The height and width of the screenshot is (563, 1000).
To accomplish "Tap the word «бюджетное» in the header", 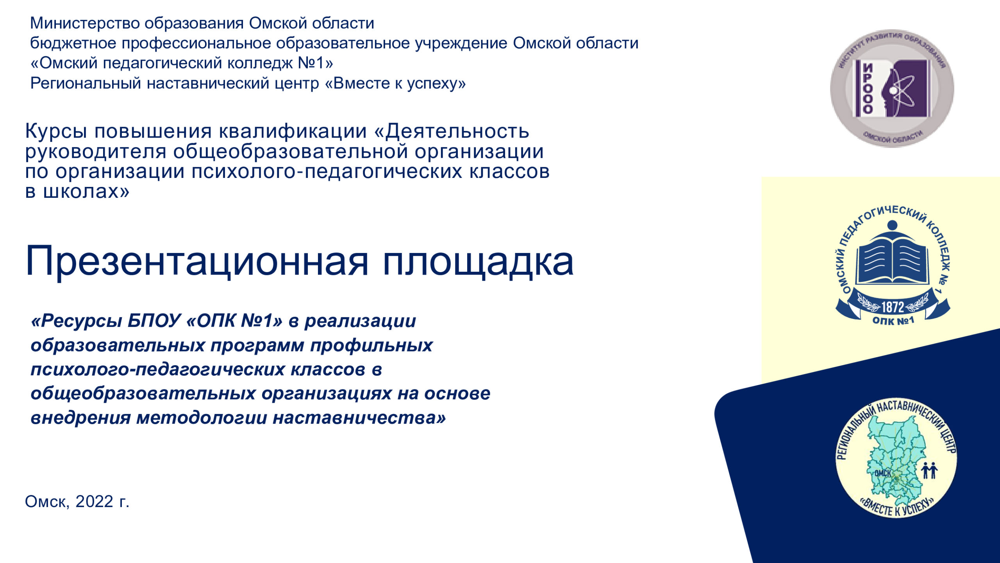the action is (x=73, y=43).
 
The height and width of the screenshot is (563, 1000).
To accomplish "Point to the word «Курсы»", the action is (x=56, y=132).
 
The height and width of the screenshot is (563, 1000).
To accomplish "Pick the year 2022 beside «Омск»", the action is (x=94, y=502).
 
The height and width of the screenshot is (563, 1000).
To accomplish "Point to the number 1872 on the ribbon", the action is (x=893, y=307).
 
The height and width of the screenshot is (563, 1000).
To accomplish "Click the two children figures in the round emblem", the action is (x=929, y=470).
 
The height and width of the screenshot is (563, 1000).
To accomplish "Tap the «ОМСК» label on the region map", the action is (x=882, y=473).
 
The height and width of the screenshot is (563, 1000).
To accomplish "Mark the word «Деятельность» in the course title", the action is (x=457, y=132).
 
